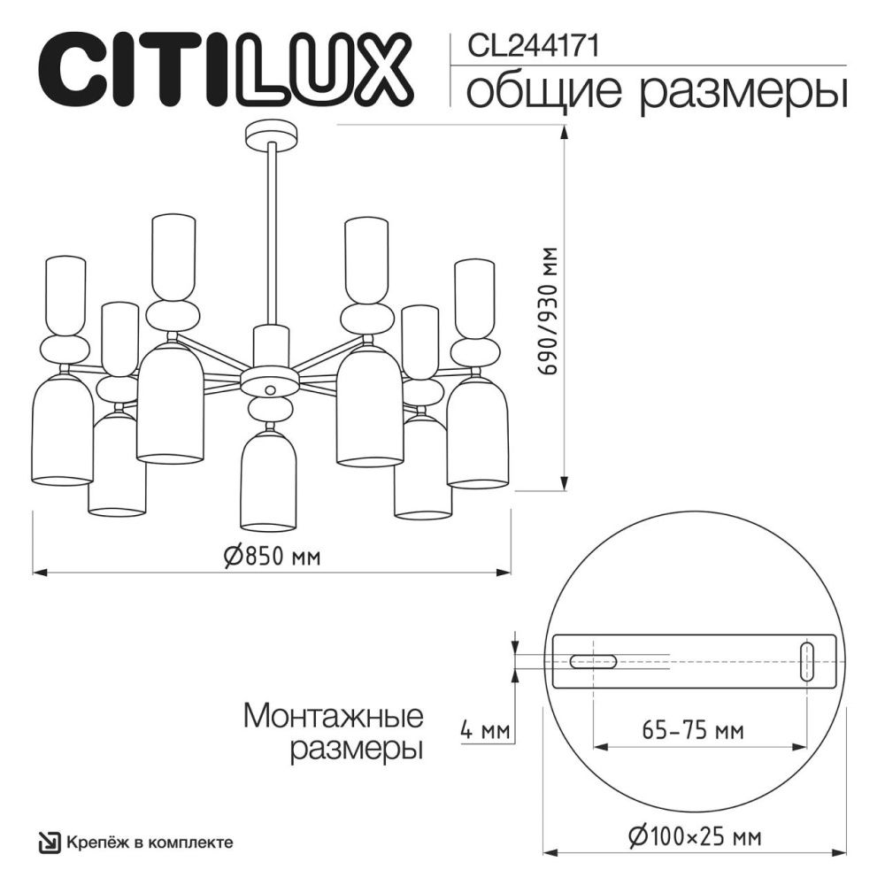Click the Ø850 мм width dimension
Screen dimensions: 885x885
tap(271, 557)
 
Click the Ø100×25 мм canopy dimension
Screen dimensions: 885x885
tap(695, 835)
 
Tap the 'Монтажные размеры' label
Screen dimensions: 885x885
tap(333, 731)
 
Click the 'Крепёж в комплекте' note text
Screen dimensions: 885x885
tap(150, 842)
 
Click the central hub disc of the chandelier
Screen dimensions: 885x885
tap(271, 387)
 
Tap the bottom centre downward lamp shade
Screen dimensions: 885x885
tap(271, 478)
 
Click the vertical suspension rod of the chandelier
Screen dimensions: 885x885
tap(271, 239)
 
